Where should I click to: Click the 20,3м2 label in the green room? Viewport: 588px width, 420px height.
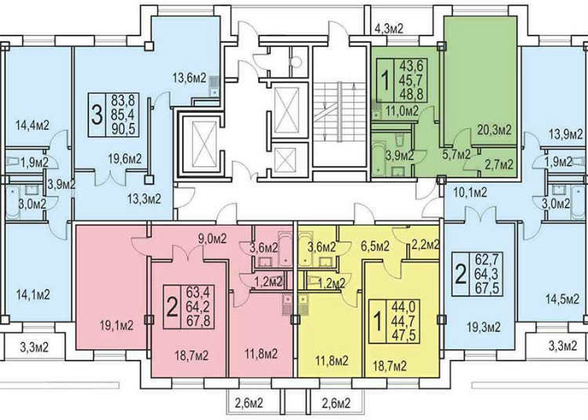pyautogui.click(x=495, y=130)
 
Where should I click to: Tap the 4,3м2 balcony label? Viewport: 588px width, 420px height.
pyautogui.click(x=389, y=29)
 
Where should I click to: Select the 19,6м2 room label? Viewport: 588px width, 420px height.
pyautogui.click(x=125, y=159)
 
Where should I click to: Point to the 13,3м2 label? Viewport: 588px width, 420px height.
pyautogui.click(x=144, y=198)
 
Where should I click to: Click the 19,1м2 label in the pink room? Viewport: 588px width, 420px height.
pyautogui.click(x=117, y=326)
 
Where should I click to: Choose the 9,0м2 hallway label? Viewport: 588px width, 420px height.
pyautogui.click(x=212, y=239)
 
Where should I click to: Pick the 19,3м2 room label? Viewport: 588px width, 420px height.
pyautogui.click(x=484, y=328)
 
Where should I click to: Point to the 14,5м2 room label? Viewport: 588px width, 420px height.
pyautogui.click(x=562, y=300)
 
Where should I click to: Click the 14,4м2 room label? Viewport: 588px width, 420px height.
pyautogui.click(x=32, y=125)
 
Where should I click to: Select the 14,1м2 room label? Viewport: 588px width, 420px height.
pyautogui.click(x=33, y=295)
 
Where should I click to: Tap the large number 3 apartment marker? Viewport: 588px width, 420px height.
pyautogui.click(x=97, y=115)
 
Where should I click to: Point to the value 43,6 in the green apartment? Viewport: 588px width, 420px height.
pyautogui.click(x=412, y=67)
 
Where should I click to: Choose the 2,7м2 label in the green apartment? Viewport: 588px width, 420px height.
pyautogui.click(x=498, y=164)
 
